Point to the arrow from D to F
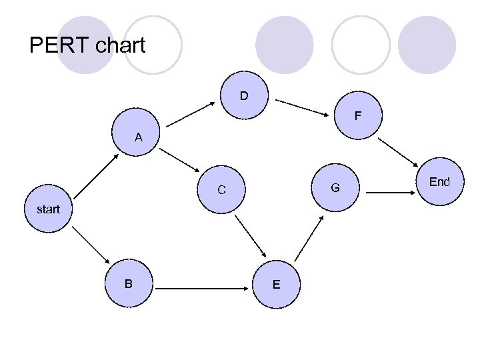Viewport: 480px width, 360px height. click(x=304, y=106)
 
